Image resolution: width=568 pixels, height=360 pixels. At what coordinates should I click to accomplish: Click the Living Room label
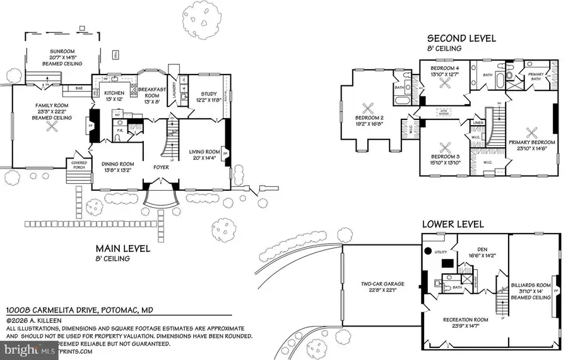pyautogui.click(x=204, y=152)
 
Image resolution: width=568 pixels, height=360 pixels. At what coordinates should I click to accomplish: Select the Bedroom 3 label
pyautogui.click(x=445, y=157)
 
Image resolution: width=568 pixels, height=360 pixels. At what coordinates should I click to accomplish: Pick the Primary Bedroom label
pyautogui.click(x=531, y=142)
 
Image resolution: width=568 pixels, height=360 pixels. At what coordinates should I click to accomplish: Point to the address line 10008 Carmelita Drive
pyautogui.click(x=80, y=311)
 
